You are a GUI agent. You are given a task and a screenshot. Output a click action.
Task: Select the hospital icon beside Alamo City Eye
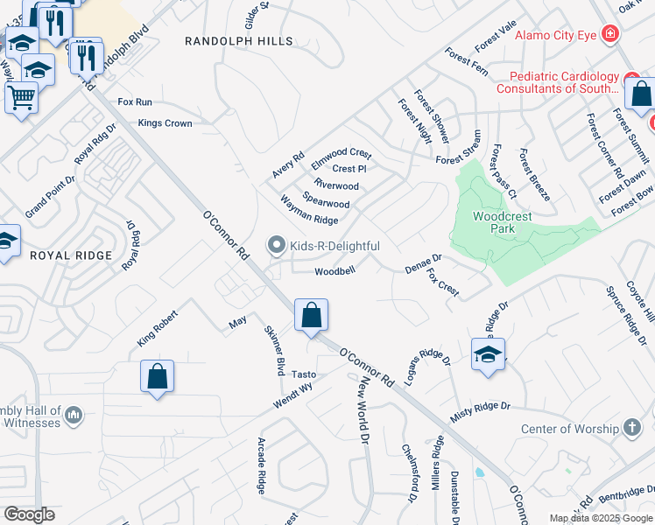(x=610, y=35)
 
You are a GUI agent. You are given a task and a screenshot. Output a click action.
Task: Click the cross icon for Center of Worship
(x=632, y=428)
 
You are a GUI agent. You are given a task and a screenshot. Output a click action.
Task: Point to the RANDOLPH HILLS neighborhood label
(x=228, y=40)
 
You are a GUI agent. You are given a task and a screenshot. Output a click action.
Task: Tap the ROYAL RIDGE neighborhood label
(x=71, y=255)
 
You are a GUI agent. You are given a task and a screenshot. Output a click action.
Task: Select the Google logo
(x=29, y=514)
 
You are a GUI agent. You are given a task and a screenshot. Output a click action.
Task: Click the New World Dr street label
(x=360, y=409)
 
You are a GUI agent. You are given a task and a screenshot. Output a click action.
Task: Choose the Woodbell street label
(x=335, y=271)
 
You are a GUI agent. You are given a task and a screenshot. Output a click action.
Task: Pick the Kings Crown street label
(x=165, y=123)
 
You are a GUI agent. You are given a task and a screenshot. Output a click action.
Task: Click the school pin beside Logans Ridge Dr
(x=488, y=354)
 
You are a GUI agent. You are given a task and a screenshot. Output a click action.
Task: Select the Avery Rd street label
(x=287, y=165)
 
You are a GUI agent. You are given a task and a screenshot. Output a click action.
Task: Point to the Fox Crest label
(x=442, y=283)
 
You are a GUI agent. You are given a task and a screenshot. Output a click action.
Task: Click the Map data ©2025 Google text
(x=600, y=518)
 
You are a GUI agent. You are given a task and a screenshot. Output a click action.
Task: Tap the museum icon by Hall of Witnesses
(x=73, y=413)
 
